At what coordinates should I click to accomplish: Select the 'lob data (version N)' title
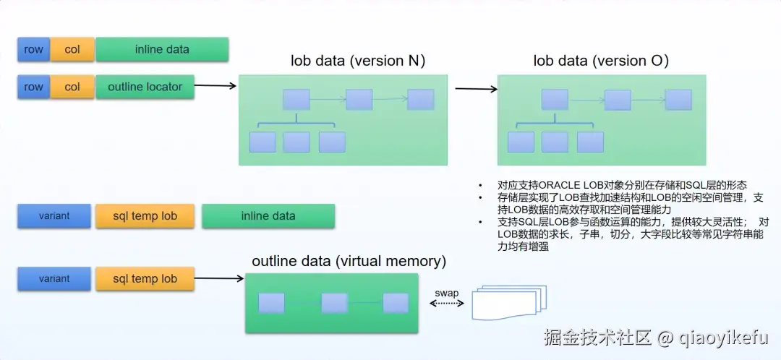click(x=358, y=61)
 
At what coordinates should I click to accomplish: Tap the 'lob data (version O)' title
click(x=601, y=61)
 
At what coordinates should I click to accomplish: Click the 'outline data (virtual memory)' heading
click(x=349, y=260)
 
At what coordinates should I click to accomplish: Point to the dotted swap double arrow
click(x=446, y=304)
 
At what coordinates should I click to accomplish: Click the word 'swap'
click(x=446, y=293)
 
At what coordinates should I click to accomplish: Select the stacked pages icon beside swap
click(x=505, y=303)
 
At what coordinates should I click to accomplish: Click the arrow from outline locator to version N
click(x=215, y=86)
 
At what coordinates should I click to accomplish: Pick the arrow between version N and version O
click(x=476, y=90)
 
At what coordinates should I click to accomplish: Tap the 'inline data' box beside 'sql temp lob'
click(x=268, y=215)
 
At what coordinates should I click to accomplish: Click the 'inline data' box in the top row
click(x=162, y=49)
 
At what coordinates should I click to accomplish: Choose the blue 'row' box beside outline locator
click(x=33, y=87)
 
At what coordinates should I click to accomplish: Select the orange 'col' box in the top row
click(x=72, y=49)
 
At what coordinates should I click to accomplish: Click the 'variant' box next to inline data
click(x=54, y=215)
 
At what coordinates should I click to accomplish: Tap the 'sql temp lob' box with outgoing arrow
click(x=145, y=278)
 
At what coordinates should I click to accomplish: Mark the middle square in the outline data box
click(x=335, y=303)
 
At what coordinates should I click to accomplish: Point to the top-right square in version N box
click(x=420, y=100)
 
